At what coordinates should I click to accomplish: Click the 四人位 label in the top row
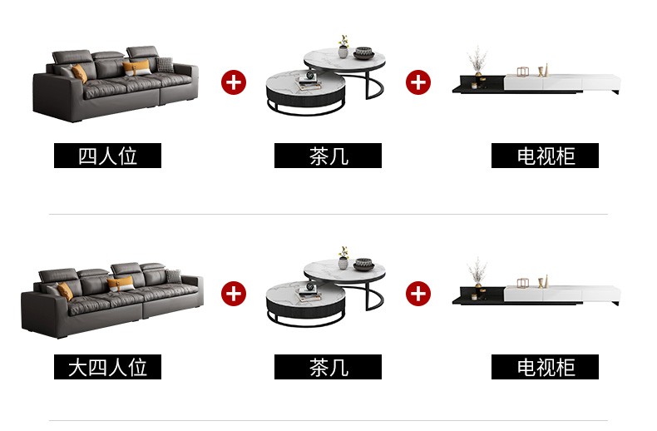tap(107, 156)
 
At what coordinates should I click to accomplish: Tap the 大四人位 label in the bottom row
tap(107, 367)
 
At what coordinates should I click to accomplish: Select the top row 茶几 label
tap(328, 156)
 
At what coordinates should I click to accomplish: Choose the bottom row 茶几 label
tap(328, 367)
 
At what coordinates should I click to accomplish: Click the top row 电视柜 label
tap(545, 156)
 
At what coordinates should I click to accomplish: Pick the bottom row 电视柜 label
tap(545, 367)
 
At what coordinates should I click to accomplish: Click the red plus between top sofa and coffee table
tap(234, 82)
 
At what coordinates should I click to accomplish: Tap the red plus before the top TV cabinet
tap(418, 82)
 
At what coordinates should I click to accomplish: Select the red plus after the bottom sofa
tap(234, 293)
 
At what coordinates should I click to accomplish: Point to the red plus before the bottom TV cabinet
tap(418, 293)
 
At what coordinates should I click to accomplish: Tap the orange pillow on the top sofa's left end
tap(79, 73)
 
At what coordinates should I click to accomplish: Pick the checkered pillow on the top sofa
tap(165, 64)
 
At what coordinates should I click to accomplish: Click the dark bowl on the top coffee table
tap(363, 53)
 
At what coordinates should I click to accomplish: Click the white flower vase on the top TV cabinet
tap(477, 62)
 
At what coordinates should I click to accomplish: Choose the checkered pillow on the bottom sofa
tap(172, 276)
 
